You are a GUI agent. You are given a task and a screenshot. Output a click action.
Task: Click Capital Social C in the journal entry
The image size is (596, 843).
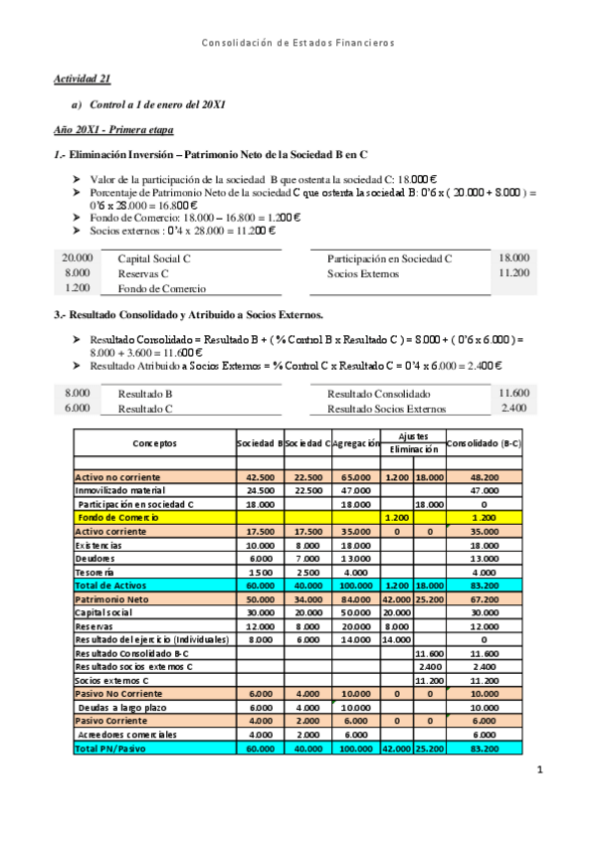[154, 258]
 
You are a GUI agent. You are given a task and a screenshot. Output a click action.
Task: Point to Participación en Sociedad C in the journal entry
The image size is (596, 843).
[389, 258]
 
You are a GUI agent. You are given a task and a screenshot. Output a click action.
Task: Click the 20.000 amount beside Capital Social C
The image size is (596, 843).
[78, 257]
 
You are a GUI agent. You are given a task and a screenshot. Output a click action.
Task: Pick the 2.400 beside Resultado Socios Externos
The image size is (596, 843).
[514, 408]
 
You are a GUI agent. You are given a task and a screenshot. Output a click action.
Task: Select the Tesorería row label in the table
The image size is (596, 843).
[97, 572]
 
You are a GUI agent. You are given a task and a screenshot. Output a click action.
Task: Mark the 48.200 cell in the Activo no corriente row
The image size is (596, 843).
[484, 477]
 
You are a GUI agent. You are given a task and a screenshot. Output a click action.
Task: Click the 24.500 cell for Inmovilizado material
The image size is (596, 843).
[260, 490]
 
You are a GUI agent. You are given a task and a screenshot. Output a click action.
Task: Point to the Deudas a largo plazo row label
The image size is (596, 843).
[122, 707]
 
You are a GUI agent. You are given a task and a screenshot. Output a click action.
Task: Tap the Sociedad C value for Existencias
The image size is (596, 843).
[308, 545]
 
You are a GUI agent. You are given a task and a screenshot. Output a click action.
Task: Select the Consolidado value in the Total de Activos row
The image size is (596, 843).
[484, 586]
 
